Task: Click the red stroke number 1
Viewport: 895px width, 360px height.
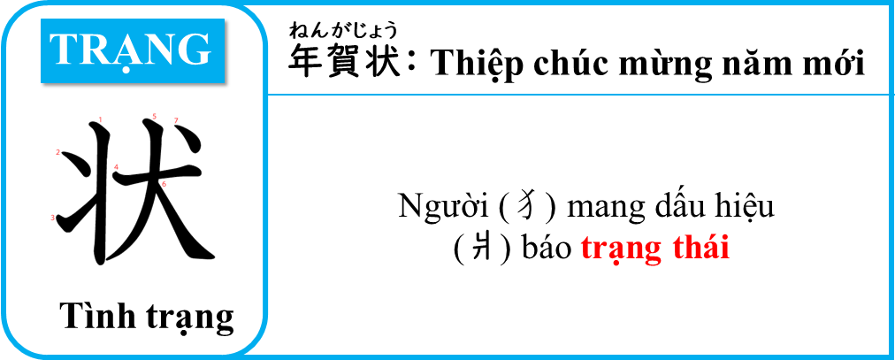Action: [101, 119]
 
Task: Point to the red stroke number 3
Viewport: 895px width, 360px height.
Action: [52, 218]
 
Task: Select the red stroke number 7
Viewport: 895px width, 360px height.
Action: [176, 120]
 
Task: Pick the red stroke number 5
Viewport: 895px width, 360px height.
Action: [154, 117]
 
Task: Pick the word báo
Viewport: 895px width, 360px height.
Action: [547, 249]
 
